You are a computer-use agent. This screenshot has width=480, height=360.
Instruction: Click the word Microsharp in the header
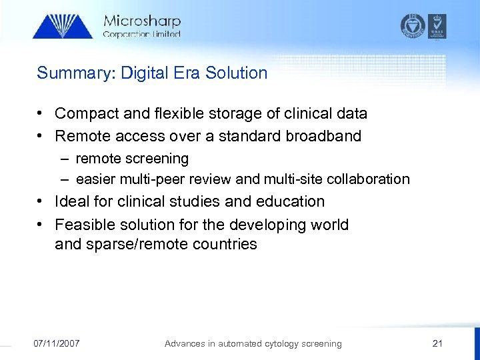coord(141,21)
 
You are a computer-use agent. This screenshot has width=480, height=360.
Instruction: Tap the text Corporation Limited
coord(141,34)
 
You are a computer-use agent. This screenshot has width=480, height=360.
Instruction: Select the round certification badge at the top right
coord(412,26)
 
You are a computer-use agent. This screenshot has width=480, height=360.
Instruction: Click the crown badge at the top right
coord(437,26)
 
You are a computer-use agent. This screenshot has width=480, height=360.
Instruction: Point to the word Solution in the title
coord(239,73)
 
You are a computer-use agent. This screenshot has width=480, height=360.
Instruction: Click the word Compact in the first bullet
coord(83,114)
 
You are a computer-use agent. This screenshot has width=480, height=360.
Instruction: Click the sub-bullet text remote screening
coord(132,159)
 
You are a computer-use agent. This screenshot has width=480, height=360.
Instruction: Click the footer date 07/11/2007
coord(57,343)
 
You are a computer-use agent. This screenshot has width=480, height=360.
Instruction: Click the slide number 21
coord(437,343)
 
